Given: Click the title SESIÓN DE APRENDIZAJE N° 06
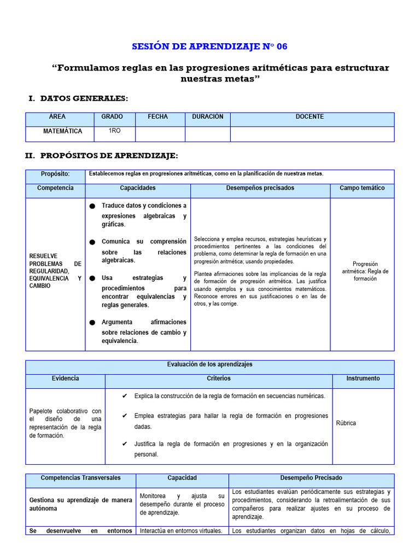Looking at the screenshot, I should [209, 46].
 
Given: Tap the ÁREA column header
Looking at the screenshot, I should [57, 117].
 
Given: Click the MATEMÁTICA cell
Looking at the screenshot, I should [63, 131].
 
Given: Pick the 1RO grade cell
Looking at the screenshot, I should [115, 131].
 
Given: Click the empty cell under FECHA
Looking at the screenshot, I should [160, 134].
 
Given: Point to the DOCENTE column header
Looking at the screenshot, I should [310, 117].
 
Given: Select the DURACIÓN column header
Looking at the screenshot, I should [208, 117].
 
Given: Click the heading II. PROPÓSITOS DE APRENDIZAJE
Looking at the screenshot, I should [102, 156].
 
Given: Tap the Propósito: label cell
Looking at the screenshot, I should [55, 174].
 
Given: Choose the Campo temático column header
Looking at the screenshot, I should [361, 188].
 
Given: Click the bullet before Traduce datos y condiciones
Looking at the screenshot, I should [92, 206].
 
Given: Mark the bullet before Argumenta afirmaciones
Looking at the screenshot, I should [92, 323].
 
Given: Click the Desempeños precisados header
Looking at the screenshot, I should [260, 188].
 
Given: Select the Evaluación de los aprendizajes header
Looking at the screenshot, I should [209, 364].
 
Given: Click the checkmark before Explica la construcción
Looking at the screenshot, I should [125, 396].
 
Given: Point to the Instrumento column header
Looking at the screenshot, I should [363, 378].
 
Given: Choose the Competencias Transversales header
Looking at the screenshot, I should [80, 478].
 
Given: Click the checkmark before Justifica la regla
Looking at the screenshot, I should [125, 444].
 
